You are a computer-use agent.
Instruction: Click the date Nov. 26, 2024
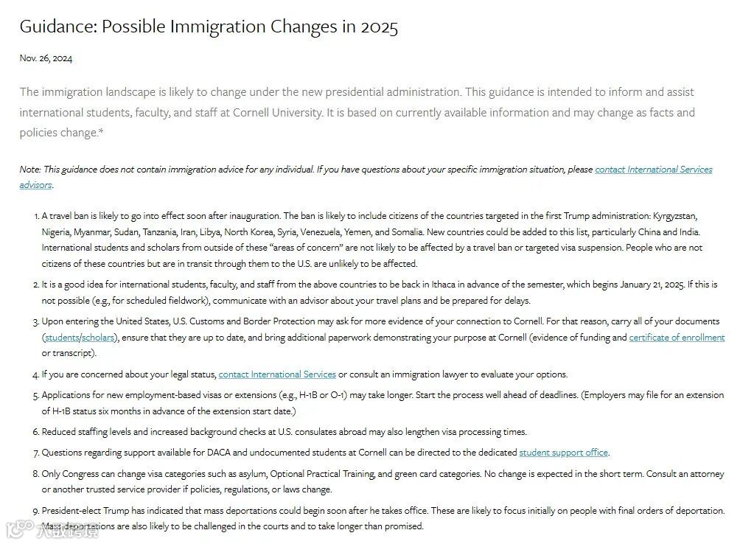46,58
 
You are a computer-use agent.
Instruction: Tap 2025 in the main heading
379,27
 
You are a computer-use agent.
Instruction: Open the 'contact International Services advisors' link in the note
653,170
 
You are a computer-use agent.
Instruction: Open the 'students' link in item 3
62,338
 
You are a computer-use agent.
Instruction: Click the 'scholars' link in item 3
98,338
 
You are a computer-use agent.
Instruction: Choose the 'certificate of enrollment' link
676,338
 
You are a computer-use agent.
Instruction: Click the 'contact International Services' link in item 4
277,374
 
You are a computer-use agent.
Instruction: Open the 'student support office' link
563,453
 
